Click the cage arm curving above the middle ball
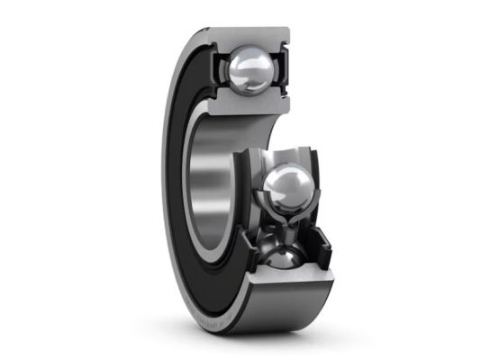click(x=286, y=151)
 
